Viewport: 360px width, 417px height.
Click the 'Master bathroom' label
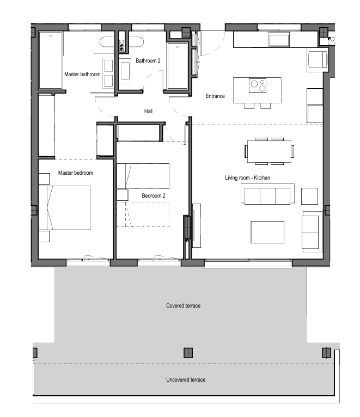[x=82, y=74]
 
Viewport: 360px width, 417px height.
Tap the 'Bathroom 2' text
[x=148, y=61]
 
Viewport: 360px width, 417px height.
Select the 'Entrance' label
[x=215, y=96]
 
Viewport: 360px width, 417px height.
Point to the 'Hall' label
[x=148, y=111]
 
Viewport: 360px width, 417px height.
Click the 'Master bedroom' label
[x=75, y=173]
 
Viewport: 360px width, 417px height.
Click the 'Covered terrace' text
[x=183, y=306]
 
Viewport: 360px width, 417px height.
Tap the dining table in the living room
[x=269, y=151]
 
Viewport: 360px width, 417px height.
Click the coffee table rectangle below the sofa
[x=267, y=231]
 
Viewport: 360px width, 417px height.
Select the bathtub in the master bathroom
[x=51, y=61]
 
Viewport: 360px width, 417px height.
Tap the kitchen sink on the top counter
[x=281, y=40]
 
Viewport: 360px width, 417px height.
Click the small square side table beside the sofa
[x=309, y=196]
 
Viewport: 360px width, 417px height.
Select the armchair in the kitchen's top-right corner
[x=318, y=60]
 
